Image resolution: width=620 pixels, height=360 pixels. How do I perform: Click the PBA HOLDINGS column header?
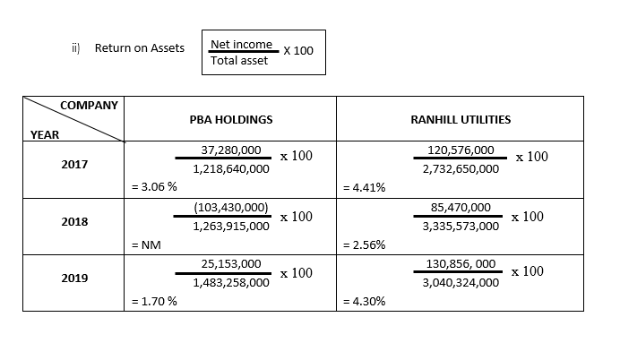pos(231,119)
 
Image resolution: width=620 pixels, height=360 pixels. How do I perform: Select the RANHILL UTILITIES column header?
pos(460,119)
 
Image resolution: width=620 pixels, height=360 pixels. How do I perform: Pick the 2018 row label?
pos(74,222)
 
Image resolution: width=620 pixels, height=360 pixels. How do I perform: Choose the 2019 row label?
pos(74,279)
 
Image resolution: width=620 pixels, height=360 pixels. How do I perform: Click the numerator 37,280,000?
pos(231,152)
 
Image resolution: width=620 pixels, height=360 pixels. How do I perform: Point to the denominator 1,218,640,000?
pos(231,168)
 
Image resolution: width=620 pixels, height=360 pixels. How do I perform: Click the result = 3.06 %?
pos(154,187)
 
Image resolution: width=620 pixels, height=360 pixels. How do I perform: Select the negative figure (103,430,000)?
pos(231,208)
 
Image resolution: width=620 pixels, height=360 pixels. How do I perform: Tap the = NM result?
pos(147,244)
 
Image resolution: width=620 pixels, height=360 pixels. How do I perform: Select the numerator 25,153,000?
pos(231,265)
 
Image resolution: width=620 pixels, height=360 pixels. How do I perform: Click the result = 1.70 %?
pos(154,301)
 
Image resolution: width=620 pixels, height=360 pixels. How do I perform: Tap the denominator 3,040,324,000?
pos(461,282)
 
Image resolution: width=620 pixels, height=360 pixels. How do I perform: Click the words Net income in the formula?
pos(240,45)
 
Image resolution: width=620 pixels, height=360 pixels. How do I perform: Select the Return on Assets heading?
pos(140,48)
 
